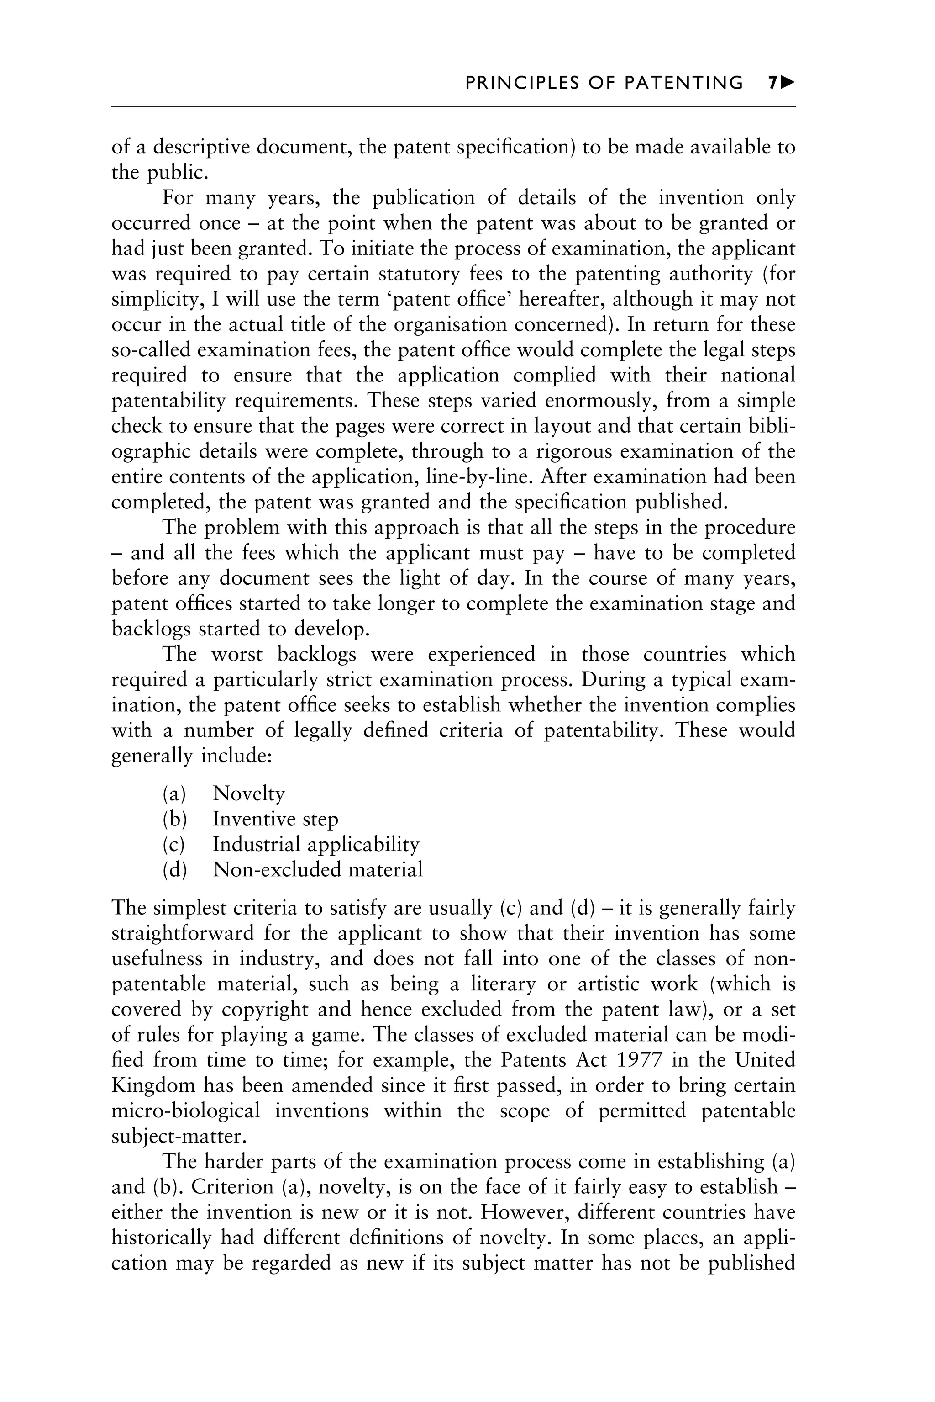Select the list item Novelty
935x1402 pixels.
point(249,794)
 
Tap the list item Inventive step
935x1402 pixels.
point(275,819)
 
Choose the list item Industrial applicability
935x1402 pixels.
point(316,844)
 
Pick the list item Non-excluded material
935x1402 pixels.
point(317,869)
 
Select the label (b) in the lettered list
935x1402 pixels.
point(174,819)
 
